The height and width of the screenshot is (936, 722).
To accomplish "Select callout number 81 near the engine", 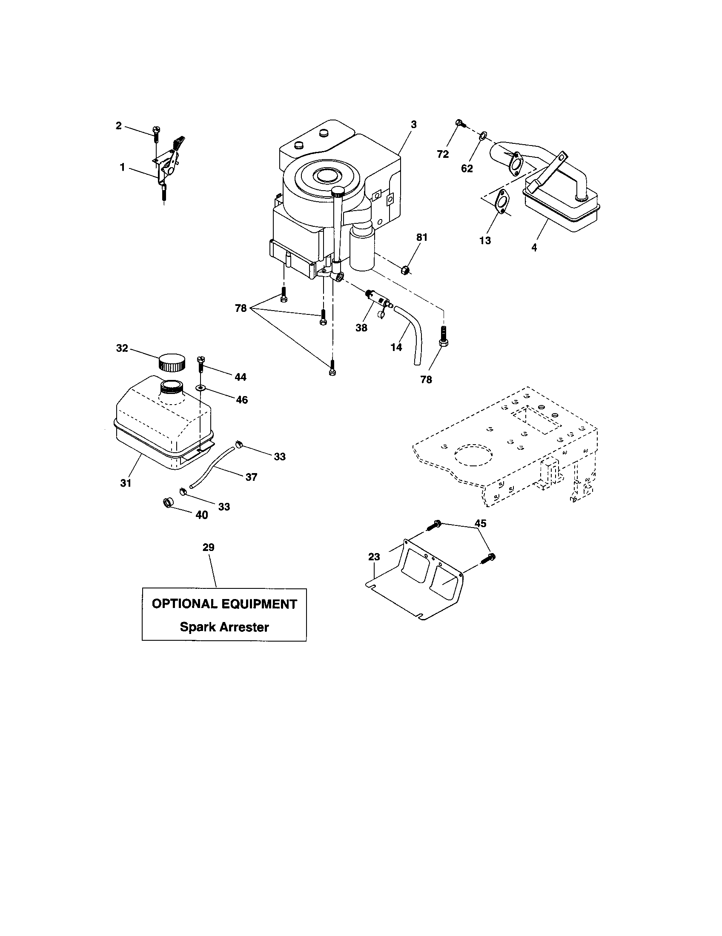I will click(x=422, y=237).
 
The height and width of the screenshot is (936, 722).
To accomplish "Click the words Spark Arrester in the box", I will click(x=224, y=627).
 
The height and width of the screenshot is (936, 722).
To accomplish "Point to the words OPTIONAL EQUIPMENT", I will click(x=224, y=604).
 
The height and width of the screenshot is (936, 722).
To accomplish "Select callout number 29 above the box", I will click(x=208, y=547).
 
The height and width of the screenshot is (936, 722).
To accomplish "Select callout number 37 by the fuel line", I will click(x=251, y=477).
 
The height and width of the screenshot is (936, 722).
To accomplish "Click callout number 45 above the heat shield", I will click(x=481, y=523).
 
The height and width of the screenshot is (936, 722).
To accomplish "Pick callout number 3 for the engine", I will click(x=413, y=125).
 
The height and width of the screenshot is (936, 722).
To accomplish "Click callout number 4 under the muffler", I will click(x=534, y=248).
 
